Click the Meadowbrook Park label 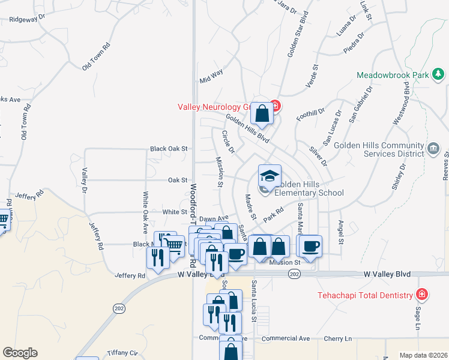[x=393, y=76]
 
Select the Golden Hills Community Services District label [x=379, y=149]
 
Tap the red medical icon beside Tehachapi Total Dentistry [x=423, y=295]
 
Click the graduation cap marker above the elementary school [x=270, y=176]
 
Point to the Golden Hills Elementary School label [x=309, y=188]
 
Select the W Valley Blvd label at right [x=387, y=274]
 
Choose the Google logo [x=20, y=353]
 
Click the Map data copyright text [x=423, y=355]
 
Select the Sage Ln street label [x=418, y=318]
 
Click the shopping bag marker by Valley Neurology [x=262, y=113]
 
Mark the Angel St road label [x=340, y=232]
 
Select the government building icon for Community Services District [x=433, y=148]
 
